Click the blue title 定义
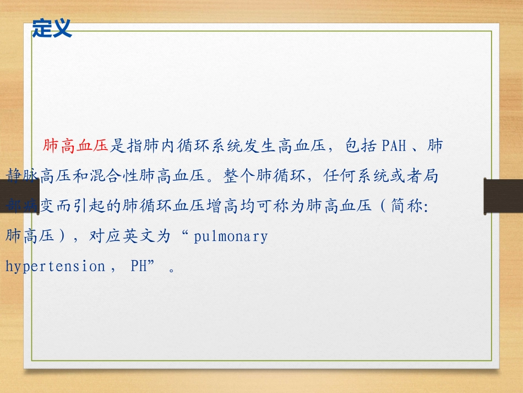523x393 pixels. click(x=52, y=28)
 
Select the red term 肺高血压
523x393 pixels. click(x=76, y=146)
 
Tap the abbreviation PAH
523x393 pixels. click(x=394, y=146)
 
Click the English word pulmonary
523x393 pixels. click(x=231, y=236)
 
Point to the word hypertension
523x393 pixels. click(x=55, y=266)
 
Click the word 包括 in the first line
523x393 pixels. click(x=361, y=146)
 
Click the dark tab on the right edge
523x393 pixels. click(x=503, y=196)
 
